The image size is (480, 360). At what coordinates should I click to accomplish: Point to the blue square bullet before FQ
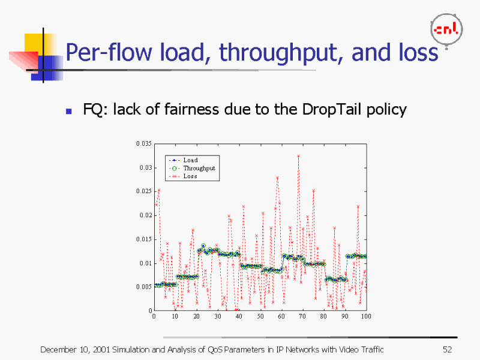(69, 111)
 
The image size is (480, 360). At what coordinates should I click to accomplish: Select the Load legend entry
(190, 160)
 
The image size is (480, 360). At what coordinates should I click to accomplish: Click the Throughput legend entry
(199, 168)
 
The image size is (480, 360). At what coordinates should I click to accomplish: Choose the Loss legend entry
(190, 176)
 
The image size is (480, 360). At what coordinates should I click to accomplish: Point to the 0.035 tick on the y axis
(143, 144)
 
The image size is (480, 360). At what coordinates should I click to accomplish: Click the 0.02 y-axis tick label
(145, 215)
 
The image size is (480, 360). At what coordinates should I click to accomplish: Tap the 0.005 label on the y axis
(143, 287)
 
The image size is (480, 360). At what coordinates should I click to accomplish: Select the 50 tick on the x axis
(260, 316)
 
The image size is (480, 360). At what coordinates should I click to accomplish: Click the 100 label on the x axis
(366, 316)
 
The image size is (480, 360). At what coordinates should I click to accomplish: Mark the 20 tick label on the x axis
(196, 316)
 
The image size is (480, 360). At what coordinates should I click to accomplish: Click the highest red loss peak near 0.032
(298, 156)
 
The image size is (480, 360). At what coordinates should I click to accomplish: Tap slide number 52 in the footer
(446, 349)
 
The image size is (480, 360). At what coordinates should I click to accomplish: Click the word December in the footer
(58, 349)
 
